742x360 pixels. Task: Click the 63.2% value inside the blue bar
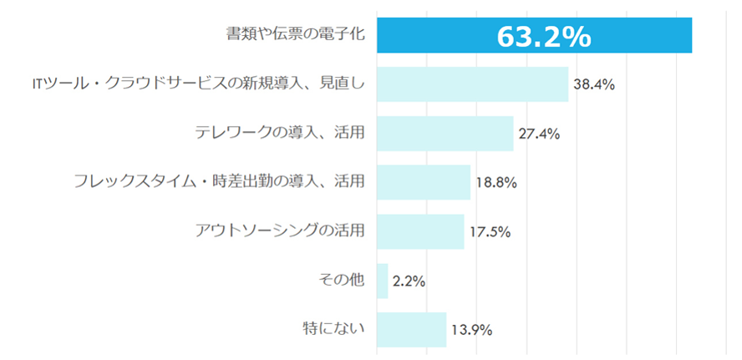click(x=544, y=37)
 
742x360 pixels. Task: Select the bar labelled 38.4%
click(x=472, y=84)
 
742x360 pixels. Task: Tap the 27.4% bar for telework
click(x=445, y=134)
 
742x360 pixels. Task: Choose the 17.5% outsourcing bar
click(x=419, y=231)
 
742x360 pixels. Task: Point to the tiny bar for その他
click(x=382, y=281)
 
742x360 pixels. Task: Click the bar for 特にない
click(x=411, y=329)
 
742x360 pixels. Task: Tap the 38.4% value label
click(x=594, y=84)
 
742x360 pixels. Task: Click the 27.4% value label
click(x=539, y=134)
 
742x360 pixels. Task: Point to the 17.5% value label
click(x=490, y=231)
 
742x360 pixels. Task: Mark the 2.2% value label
click(x=409, y=281)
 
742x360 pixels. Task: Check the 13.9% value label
click(x=471, y=329)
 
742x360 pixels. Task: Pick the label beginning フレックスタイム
click(x=219, y=180)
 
